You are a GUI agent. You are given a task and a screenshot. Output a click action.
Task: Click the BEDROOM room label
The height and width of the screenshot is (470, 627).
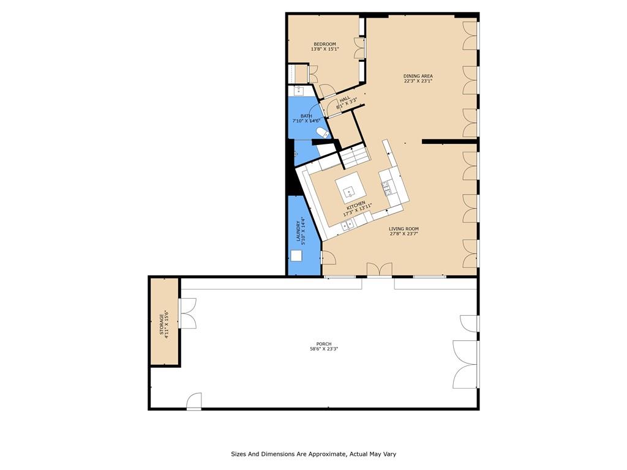(x=325, y=44)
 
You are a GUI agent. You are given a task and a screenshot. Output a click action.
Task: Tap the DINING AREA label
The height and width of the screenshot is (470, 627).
(x=418, y=76)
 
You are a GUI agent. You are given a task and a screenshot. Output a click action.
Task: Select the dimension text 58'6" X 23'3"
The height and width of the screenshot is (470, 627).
(x=325, y=348)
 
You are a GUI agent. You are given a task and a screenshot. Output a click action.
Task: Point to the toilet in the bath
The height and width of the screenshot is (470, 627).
(x=322, y=132)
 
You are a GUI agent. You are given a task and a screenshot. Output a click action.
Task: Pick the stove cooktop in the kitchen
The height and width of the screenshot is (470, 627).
(x=387, y=188)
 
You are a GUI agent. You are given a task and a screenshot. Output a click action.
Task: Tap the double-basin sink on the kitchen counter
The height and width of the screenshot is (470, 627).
(x=347, y=225)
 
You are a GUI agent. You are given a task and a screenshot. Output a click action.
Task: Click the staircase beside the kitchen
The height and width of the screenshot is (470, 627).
(x=354, y=157)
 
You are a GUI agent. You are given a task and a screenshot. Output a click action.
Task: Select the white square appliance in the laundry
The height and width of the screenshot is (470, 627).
(x=296, y=255)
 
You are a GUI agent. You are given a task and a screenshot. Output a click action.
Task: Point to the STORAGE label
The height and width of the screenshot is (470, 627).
(x=162, y=324)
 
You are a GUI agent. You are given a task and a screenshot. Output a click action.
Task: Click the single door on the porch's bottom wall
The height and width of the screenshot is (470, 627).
(x=194, y=401)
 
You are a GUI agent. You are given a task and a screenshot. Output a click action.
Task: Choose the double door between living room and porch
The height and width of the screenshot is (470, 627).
(x=379, y=269)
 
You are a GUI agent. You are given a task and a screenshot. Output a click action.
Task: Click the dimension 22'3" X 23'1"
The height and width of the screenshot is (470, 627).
(x=418, y=81)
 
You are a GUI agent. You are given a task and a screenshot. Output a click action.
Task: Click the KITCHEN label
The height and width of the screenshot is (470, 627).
(x=356, y=206)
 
